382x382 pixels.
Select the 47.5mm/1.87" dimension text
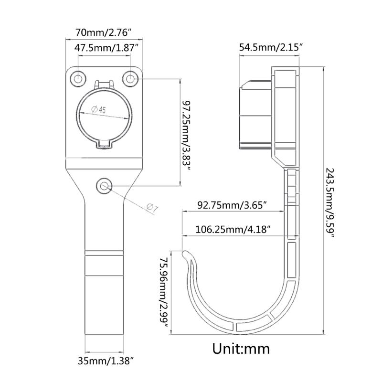click(x=106, y=48)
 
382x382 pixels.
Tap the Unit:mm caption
click(x=241, y=349)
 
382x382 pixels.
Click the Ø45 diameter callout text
click(x=98, y=110)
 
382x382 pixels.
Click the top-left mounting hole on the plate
click(x=78, y=78)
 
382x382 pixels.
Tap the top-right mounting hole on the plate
click(x=130, y=78)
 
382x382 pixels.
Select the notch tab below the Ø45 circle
click(x=104, y=143)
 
